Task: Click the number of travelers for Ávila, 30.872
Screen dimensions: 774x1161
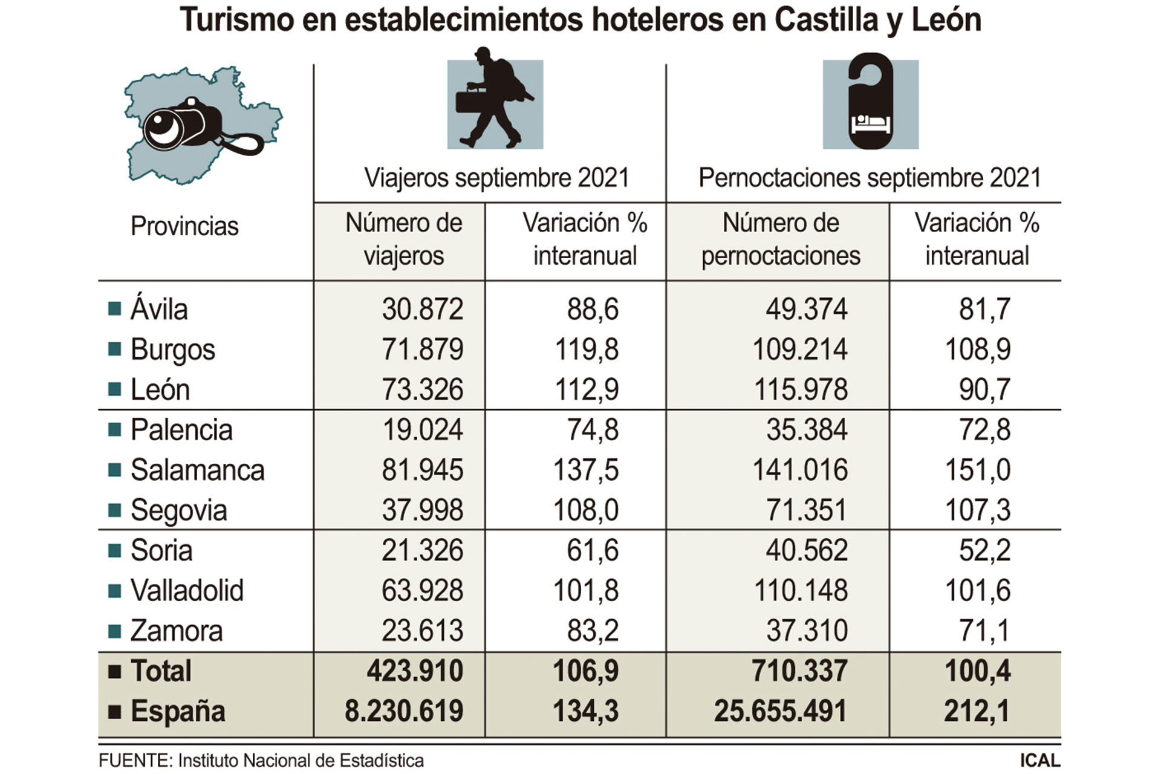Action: [x=422, y=309]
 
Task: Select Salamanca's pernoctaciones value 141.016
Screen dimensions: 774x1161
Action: [x=799, y=470]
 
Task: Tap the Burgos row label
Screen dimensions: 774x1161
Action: [x=172, y=350]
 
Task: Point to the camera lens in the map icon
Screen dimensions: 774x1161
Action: [x=162, y=128]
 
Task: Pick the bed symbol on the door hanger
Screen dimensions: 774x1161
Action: [x=870, y=123]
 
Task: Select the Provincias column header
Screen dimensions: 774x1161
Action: [x=184, y=226]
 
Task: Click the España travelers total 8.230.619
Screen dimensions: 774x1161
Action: [x=403, y=711]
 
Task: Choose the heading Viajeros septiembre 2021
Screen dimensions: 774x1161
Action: [x=496, y=178]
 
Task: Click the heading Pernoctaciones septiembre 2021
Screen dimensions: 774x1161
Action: [x=870, y=178]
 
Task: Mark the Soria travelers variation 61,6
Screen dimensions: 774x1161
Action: [x=592, y=550]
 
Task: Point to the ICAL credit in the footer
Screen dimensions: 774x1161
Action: [x=1040, y=760]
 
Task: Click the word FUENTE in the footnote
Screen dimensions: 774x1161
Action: [x=134, y=760]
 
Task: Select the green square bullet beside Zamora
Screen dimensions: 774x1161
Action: [x=114, y=631]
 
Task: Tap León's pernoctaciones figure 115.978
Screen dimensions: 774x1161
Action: [x=800, y=389]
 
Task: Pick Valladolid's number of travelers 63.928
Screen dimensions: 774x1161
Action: [x=422, y=590]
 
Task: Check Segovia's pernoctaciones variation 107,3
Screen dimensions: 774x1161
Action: [x=977, y=510]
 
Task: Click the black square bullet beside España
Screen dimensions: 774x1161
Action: [x=114, y=711]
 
